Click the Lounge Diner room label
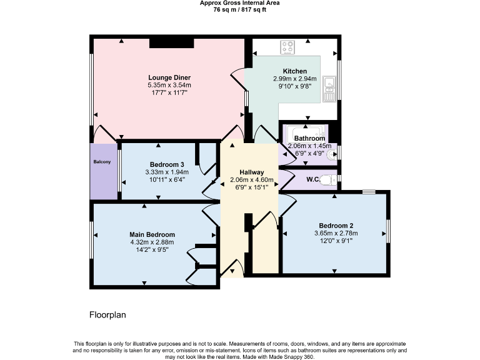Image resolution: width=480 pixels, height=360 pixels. pyautogui.click(x=169, y=78)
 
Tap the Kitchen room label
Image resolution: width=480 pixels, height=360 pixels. pyautogui.click(x=294, y=71)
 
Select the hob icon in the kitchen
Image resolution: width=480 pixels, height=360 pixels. pyautogui.click(x=288, y=46)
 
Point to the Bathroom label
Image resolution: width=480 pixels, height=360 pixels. pyautogui.click(x=309, y=138)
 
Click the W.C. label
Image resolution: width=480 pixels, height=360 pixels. pyautogui.click(x=314, y=179)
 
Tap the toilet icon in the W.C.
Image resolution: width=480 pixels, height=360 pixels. pyautogui.click(x=332, y=179)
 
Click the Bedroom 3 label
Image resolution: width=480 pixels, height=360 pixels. pyautogui.click(x=166, y=164)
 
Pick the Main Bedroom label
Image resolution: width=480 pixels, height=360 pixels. pyautogui.click(x=152, y=234)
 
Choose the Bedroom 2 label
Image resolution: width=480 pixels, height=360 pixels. pyautogui.click(x=336, y=226)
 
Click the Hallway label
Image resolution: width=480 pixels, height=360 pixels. pyautogui.click(x=251, y=172)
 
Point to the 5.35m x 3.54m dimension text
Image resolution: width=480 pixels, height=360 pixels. pyautogui.click(x=169, y=85)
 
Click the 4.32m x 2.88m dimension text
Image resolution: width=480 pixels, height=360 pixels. pyautogui.click(x=152, y=242)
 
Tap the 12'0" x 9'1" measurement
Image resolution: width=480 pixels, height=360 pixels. pyautogui.click(x=336, y=241)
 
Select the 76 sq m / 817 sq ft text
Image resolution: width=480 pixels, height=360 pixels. pyautogui.click(x=239, y=9)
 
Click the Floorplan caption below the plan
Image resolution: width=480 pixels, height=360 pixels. pyautogui.click(x=107, y=315)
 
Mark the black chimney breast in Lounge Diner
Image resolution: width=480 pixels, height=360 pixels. pyautogui.click(x=171, y=43)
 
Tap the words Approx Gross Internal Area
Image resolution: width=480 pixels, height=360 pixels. pyautogui.click(x=239, y=3)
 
